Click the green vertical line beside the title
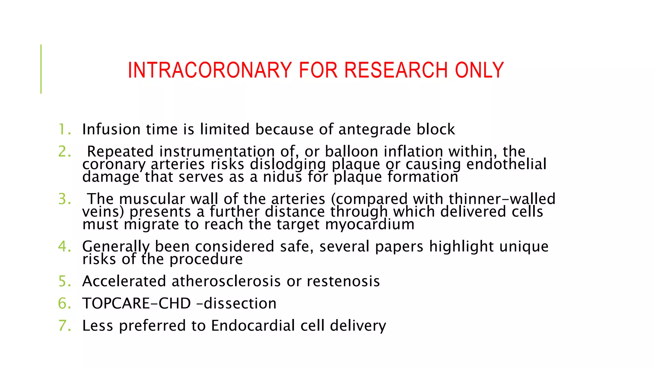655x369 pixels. pos(41,69)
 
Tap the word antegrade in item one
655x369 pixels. pos(375,130)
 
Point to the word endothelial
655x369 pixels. pos(506,164)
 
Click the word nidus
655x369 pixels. pos(282,177)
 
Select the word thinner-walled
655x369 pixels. pos(502,199)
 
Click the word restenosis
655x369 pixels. pos(343,281)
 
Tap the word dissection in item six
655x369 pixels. pos(240,303)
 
